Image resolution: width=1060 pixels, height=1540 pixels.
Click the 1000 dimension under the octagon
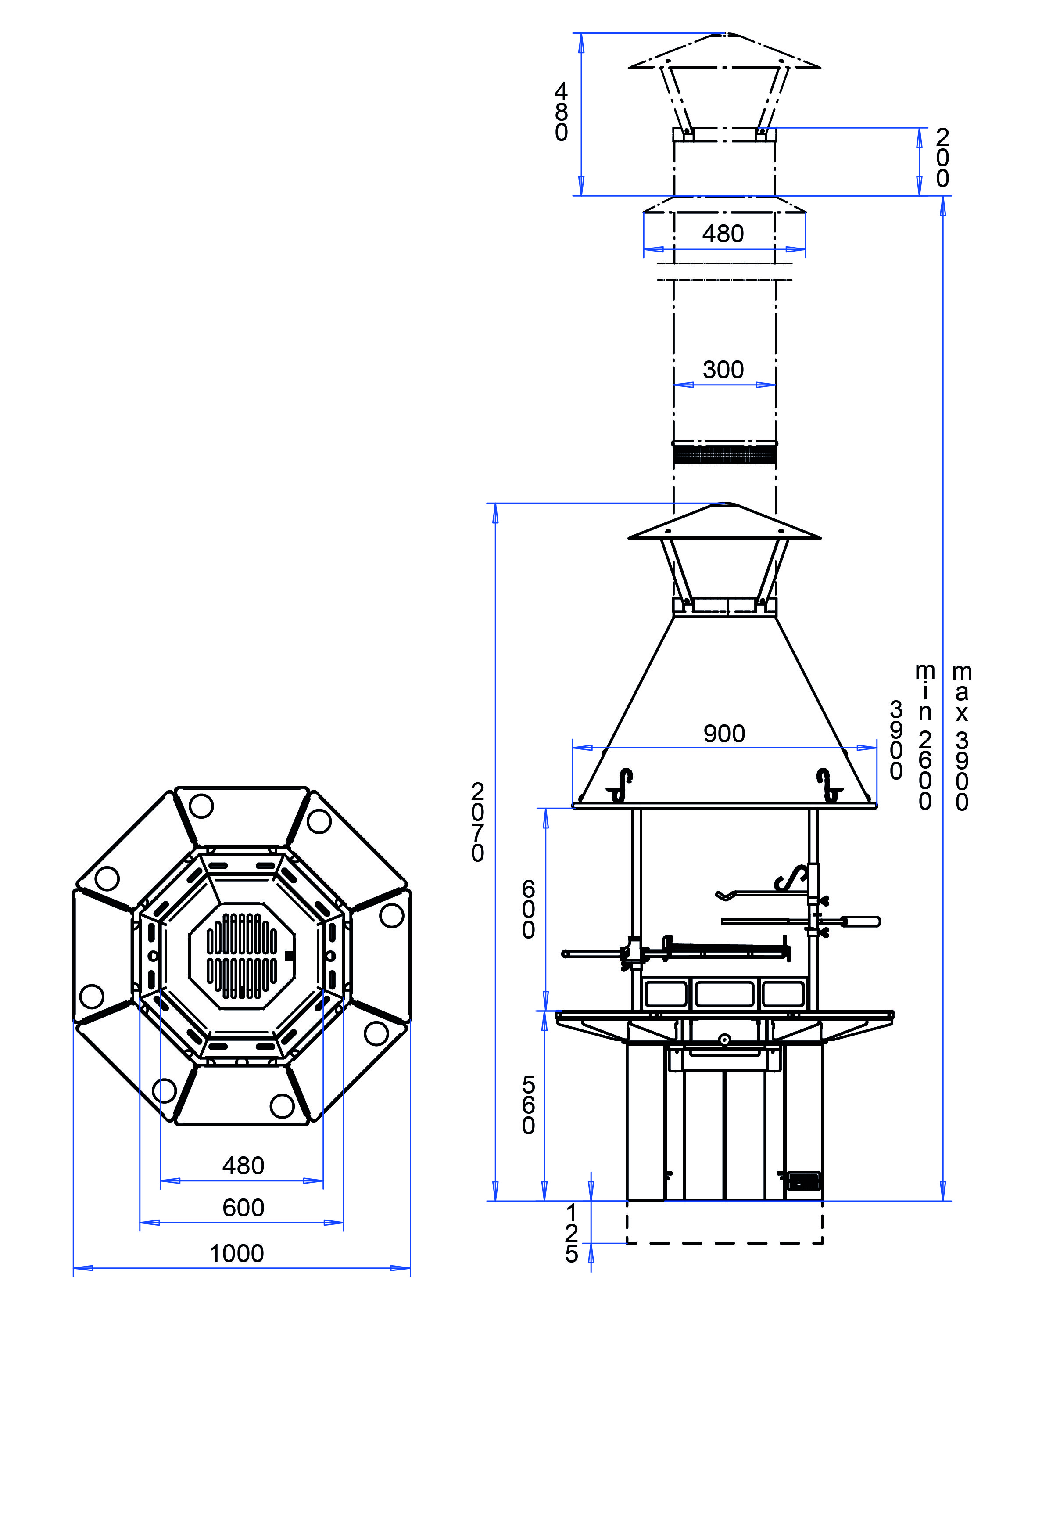coord(236,1254)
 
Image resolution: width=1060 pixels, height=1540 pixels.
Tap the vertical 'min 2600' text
coord(924,738)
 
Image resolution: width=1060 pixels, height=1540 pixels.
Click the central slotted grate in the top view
coord(242,956)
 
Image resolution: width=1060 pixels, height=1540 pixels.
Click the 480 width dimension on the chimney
coord(723,234)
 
